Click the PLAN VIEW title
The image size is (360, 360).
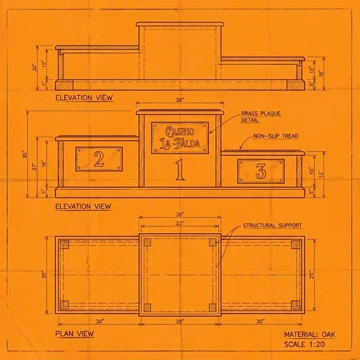[75, 334]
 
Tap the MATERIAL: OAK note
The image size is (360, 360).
[310, 334]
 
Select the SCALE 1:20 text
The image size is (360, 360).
[304, 344]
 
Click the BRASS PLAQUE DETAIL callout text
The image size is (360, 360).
[261, 116]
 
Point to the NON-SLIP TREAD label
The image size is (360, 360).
[276, 136]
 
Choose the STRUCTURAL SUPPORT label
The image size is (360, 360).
[273, 226]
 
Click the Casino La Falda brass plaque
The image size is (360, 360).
[180, 138]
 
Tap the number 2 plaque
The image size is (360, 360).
[99, 159]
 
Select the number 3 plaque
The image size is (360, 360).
[261, 171]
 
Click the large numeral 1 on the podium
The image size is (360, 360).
[180, 170]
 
